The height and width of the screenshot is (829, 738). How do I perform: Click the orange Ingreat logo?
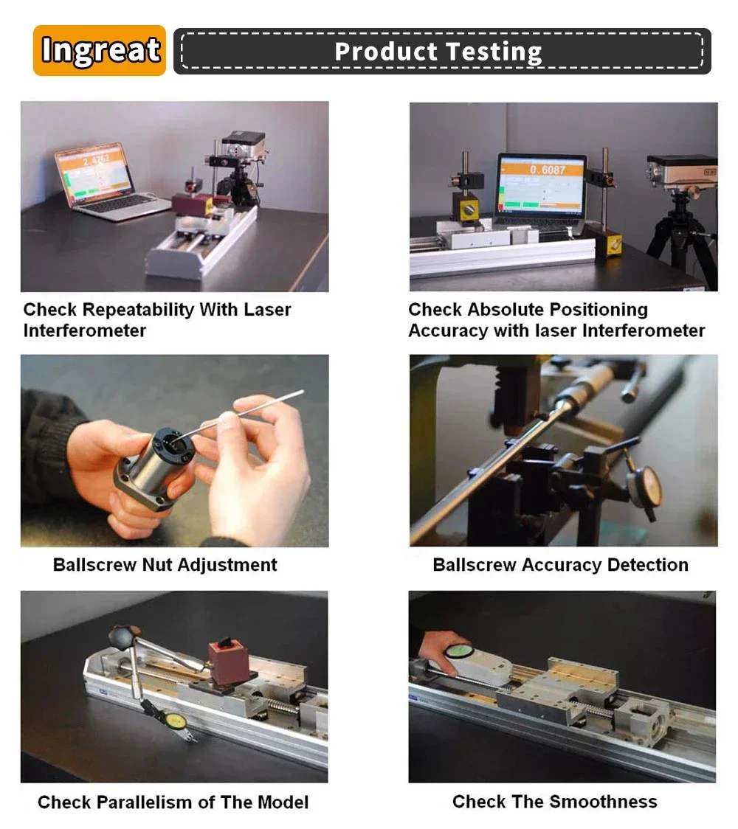tap(100, 50)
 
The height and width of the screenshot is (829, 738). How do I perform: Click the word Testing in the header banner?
tap(494, 52)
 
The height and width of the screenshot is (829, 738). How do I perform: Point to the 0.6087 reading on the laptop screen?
tap(548, 170)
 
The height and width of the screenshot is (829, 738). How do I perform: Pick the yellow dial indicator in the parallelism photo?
tap(173, 721)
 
